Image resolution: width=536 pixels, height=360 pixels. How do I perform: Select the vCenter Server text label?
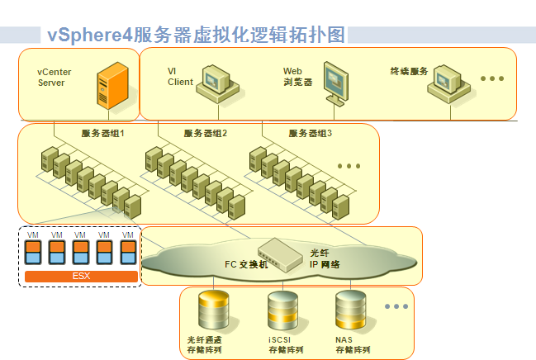(55, 78)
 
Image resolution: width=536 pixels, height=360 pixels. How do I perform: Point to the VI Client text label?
(180, 77)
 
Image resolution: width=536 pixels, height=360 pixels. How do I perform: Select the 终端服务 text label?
(409, 72)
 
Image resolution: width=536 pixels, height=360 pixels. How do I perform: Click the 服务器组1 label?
(102, 134)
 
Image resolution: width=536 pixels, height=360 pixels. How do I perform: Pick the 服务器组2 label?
(206, 134)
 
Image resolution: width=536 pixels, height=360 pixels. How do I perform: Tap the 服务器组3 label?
(311, 134)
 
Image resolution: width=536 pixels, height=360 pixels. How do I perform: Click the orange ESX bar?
(81, 275)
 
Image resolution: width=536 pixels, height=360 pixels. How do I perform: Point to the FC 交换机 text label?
(246, 265)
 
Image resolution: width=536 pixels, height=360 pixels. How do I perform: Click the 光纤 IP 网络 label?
(325, 258)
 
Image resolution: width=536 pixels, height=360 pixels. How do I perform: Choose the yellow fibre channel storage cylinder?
(213, 311)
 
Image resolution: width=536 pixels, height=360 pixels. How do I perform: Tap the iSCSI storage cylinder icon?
(282, 311)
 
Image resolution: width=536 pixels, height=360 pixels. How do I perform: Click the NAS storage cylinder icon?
(350, 310)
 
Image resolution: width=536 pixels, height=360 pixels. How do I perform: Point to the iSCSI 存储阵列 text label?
(284, 345)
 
